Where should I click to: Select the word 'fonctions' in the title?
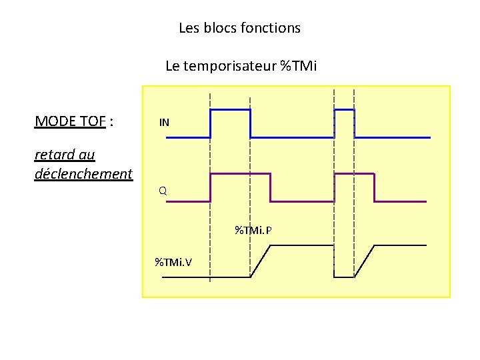273,28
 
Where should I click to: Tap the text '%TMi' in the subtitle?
298,66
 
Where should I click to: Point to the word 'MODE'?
55,121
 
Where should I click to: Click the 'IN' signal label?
164,123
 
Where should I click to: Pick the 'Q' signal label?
163,191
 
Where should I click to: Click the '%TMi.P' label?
253,231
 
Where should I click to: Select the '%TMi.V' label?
173,261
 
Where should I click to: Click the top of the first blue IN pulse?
230,109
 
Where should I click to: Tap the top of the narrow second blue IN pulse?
344,109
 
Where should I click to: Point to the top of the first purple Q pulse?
240,173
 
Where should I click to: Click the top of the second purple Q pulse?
354,173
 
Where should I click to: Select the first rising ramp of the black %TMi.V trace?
261,261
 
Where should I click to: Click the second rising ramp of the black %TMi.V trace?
364,261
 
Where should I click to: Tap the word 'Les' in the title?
189,28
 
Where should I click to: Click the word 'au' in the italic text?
87,155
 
